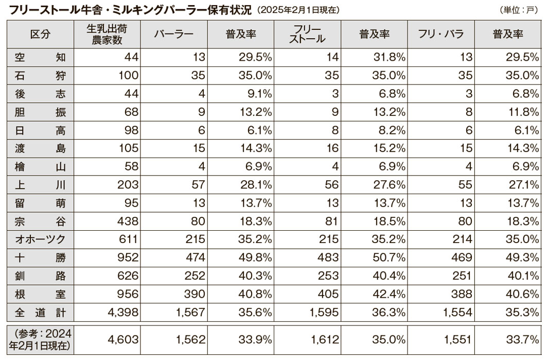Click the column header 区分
tap(40, 35)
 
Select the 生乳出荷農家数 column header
tap(107, 35)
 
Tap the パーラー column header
tap(173, 35)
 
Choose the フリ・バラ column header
tap(441, 35)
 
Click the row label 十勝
tap(40, 258)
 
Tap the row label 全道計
tap(40, 312)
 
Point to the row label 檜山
tap(40, 167)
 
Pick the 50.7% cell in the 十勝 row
tap(390, 258)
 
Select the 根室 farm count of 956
tap(128, 294)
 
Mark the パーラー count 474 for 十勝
tap(195, 258)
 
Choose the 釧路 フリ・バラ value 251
tap(462, 276)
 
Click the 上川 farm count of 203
tap(128, 184)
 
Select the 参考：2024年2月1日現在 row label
tap(40, 339)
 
